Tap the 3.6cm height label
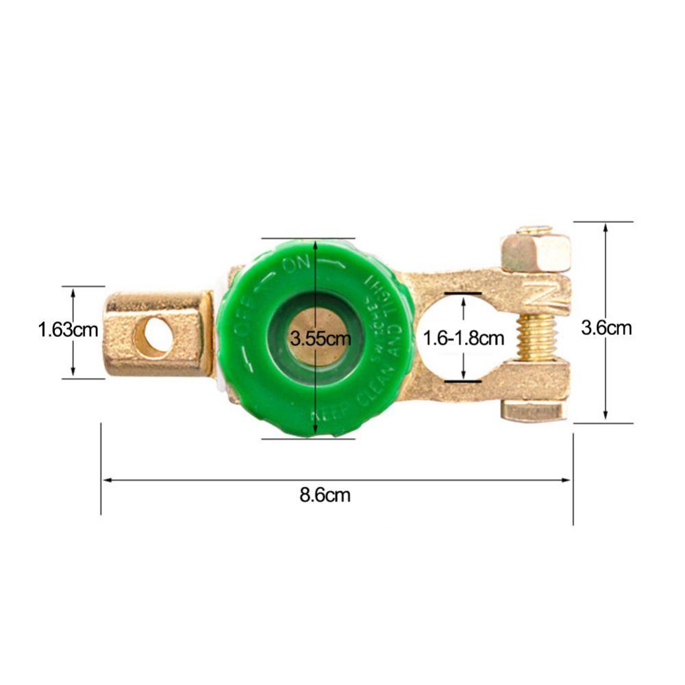pyautogui.click(x=606, y=328)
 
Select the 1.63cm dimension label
pyautogui.click(x=68, y=330)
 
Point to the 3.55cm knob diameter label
pyautogui.click(x=320, y=338)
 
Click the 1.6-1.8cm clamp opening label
pyautogui.click(x=464, y=338)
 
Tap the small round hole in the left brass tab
pyautogui.click(x=153, y=336)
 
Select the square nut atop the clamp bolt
pyautogui.click(x=536, y=252)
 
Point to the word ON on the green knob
pyautogui.click(x=297, y=266)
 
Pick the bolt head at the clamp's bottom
pyautogui.click(x=534, y=412)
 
